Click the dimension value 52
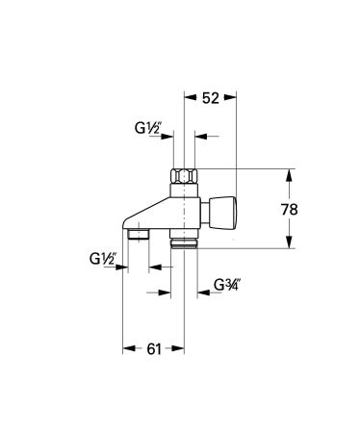[212, 98]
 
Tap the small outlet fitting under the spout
[138, 234]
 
